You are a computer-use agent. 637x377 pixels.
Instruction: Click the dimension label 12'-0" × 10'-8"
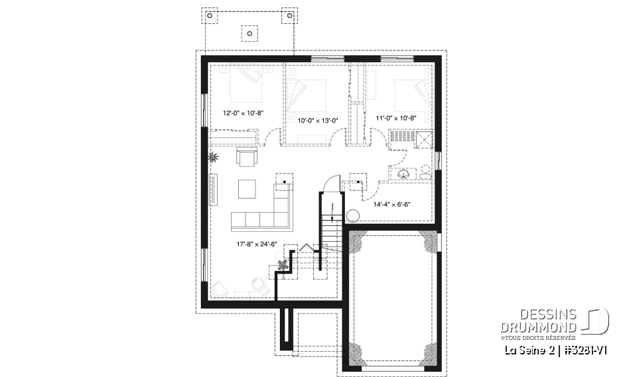click(x=244, y=113)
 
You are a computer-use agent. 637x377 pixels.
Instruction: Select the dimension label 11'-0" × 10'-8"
click(x=396, y=118)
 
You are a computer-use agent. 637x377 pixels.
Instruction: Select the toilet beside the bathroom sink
click(x=425, y=172)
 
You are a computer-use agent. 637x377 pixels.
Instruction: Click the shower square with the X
click(x=424, y=138)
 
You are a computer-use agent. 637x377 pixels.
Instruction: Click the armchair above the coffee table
click(x=246, y=158)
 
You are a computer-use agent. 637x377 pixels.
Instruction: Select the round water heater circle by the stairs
click(x=353, y=215)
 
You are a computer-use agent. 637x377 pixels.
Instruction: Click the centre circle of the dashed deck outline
click(x=249, y=31)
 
